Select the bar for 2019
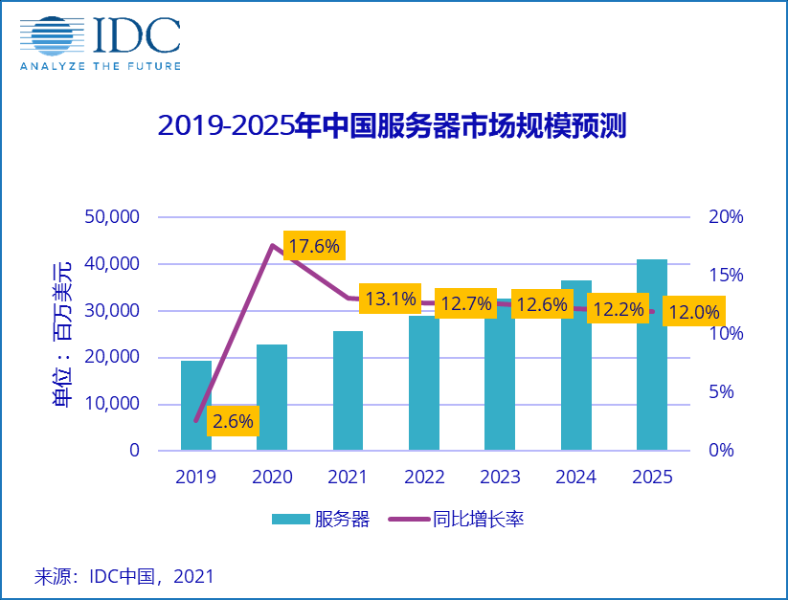(196, 405)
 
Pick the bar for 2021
(348, 390)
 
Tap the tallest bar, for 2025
(652, 354)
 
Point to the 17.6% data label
(314, 246)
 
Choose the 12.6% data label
(543, 305)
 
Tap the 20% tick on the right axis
(726, 217)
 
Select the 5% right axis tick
(726, 392)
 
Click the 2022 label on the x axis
(423, 477)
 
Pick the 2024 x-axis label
(575, 477)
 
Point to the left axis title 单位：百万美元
(61, 334)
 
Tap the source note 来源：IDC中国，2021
(124, 576)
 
